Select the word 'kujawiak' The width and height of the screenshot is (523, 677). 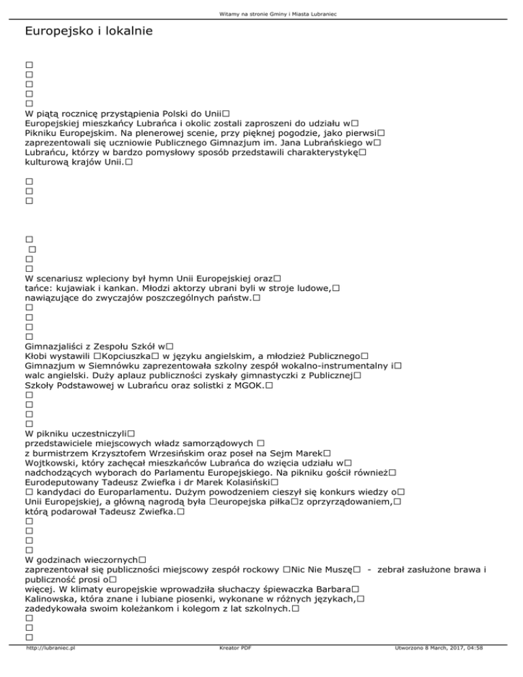80,289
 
